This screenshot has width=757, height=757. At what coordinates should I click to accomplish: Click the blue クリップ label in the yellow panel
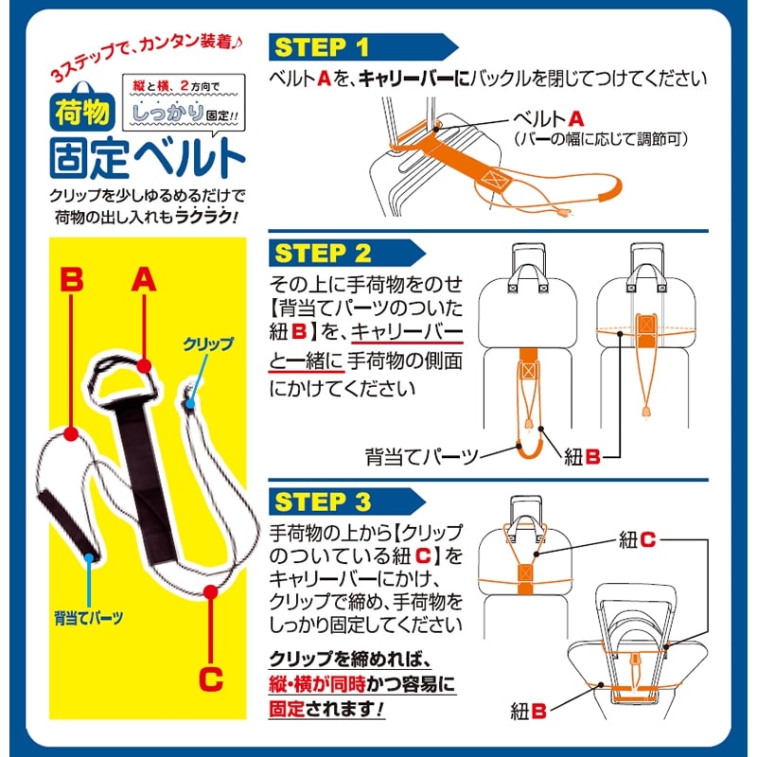[208, 344]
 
